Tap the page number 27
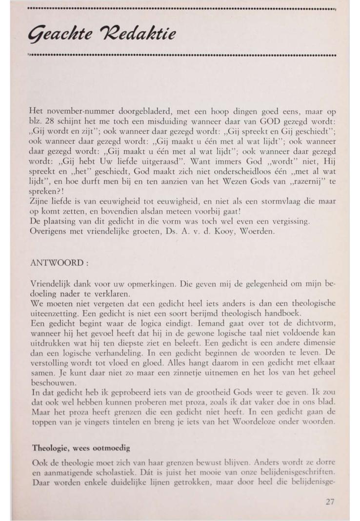[x=330, y=502]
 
